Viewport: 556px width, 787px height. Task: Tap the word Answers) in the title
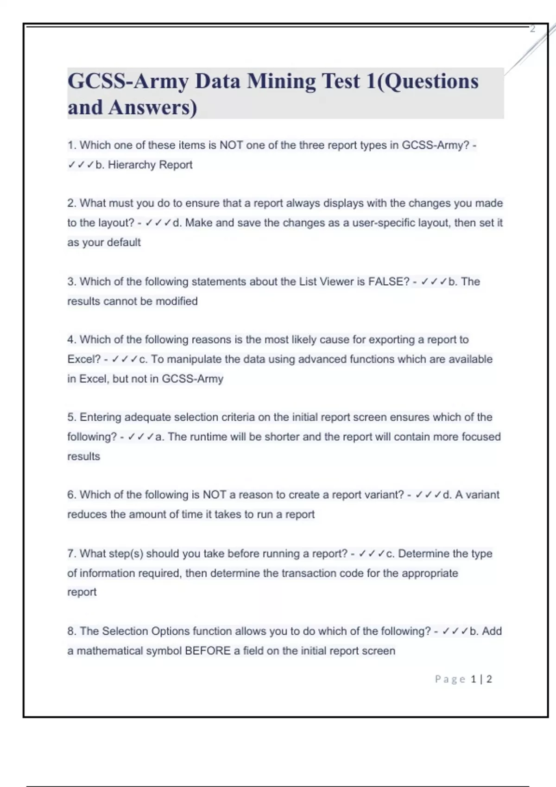pos(152,107)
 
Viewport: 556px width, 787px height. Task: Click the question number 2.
pos(71,203)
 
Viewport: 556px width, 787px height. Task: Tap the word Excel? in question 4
pos(84,359)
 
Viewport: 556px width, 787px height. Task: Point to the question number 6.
pos(71,495)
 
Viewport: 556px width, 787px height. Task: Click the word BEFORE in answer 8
pos(208,651)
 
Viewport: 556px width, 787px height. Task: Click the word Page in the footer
pos(450,679)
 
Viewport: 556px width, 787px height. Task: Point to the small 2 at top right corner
pos(532,29)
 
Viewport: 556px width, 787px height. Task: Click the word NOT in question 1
pos(231,145)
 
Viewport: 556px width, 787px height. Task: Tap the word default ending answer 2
pos(124,243)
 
